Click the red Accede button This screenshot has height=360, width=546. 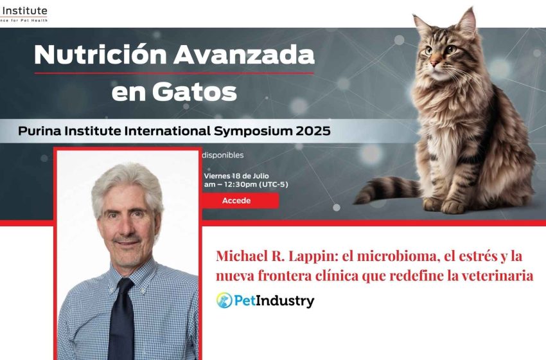click(x=236, y=201)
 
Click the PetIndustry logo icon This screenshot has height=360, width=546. click(x=224, y=300)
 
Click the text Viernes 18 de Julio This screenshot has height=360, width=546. click(x=236, y=175)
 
